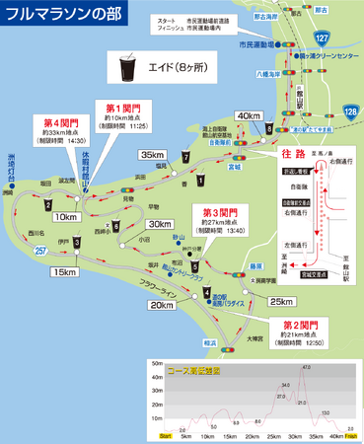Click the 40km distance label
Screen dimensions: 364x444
point(249,114)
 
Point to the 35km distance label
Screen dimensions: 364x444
point(153,155)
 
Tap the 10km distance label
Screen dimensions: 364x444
point(66,216)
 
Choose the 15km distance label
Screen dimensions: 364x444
point(65,272)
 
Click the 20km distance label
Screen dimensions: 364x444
point(160,305)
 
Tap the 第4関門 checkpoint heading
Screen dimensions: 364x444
point(62,123)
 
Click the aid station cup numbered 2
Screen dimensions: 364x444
point(46,204)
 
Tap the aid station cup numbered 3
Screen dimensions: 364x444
point(77,242)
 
